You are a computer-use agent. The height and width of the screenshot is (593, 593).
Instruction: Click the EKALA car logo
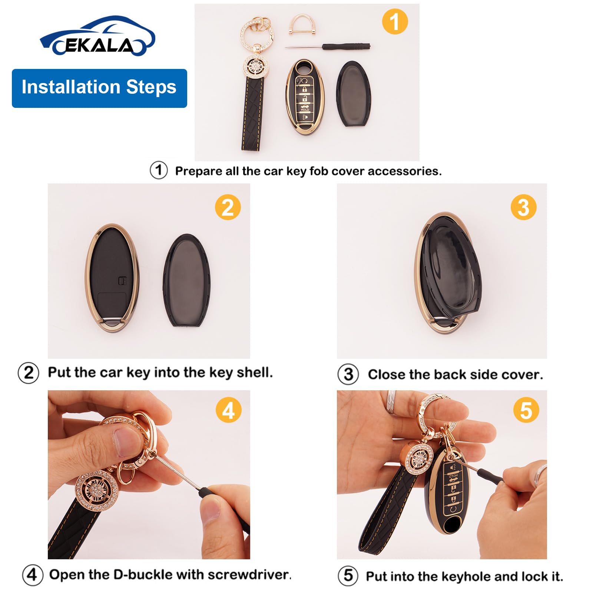[x=97, y=37]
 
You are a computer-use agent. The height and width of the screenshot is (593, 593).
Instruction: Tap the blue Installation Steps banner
[x=99, y=88]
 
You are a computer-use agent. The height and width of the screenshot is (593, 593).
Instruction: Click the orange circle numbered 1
[x=395, y=21]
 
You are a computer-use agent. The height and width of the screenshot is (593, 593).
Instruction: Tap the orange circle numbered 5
[x=526, y=410]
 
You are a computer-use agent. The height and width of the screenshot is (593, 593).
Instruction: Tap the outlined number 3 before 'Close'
[x=348, y=374]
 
